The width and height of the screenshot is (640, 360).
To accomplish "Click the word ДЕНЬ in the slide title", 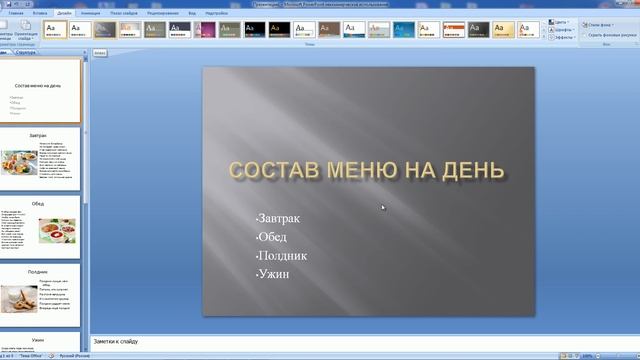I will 469,170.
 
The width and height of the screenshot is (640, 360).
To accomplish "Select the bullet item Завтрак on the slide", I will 278,218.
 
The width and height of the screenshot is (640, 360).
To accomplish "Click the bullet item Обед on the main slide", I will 272,237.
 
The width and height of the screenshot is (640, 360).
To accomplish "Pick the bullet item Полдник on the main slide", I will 281,255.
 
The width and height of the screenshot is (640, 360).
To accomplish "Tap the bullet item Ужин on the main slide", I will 273,273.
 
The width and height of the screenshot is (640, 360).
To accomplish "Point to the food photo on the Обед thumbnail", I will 55,230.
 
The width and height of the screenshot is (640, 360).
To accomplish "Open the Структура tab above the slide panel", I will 27,50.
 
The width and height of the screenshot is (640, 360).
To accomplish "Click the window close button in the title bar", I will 628,4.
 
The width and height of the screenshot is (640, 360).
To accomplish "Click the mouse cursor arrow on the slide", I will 383,208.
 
